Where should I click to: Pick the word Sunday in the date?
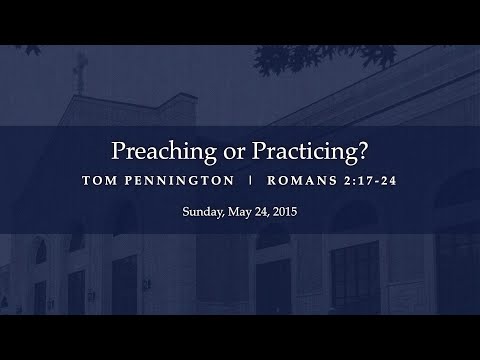pyautogui.click(x=201, y=213)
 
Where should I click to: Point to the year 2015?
pyautogui.click(x=285, y=213)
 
